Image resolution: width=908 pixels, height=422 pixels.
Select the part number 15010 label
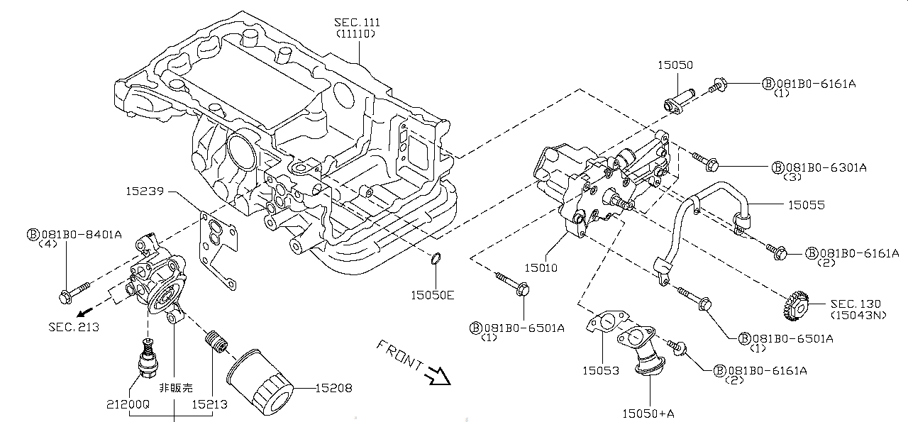click(541, 268)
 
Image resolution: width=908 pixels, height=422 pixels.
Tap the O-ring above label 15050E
click(438, 263)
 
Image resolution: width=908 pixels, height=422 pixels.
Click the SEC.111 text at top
click(355, 23)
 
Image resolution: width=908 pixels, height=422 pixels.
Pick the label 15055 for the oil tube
click(807, 205)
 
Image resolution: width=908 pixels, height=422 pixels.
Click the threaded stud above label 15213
click(214, 343)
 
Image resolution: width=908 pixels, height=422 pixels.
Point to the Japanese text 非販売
click(175, 388)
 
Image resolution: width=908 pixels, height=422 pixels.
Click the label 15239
click(145, 191)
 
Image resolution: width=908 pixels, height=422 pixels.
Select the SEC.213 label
click(74, 327)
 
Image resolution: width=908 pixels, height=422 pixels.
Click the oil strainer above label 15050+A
click(644, 348)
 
